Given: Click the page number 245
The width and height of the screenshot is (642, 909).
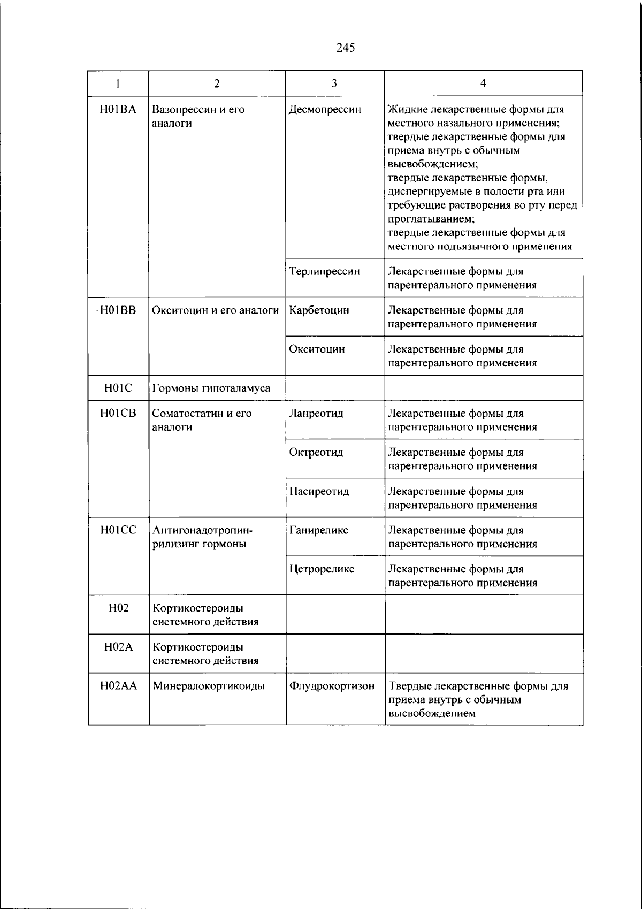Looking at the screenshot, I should click(346, 48).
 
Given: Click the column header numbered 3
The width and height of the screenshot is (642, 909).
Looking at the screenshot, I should click(334, 83).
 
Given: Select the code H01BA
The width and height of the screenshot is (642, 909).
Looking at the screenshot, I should click(118, 110).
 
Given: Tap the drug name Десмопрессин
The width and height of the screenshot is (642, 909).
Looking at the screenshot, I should click(325, 110).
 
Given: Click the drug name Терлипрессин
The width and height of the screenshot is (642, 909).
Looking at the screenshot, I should click(324, 271).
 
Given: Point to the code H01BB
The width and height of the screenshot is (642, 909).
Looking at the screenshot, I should click(118, 310).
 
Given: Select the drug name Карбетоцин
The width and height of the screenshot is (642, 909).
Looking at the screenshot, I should click(319, 310).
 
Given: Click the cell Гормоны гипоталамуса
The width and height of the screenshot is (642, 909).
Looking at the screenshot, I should click(211, 388).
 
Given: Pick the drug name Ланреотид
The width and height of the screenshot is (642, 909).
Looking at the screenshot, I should click(316, 413).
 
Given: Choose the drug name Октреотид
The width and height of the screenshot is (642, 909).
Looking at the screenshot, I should click(316, 452).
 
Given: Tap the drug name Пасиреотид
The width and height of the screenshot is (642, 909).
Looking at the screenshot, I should click(319, 491).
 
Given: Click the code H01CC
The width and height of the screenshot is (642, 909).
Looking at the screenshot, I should click(118, 530).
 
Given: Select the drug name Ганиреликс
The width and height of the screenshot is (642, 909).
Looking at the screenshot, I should click(318, 530).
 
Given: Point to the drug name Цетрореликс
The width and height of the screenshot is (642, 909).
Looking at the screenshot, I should click(322, 569).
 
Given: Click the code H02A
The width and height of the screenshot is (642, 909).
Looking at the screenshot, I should click(118, 647).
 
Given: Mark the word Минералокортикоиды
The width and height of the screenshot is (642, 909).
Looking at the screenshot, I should click(209, 686).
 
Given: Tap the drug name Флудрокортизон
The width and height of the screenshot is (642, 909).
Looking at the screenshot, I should click(332, 686).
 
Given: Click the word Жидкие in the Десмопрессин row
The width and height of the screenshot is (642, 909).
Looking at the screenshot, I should click(404, 110).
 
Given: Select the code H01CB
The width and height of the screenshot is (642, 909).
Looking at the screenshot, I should click(118, 413).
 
